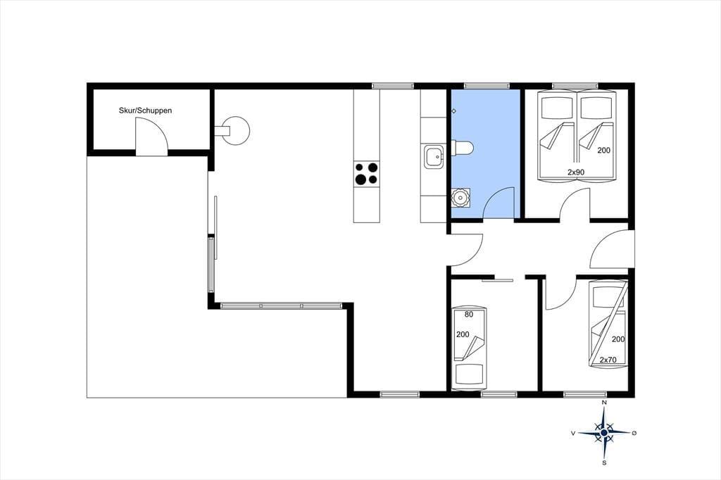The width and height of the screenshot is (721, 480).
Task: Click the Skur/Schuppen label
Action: tap(145, 110)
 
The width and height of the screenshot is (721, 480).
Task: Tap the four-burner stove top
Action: tap(366, 173)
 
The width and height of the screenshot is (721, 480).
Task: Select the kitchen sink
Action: tap(434, 156)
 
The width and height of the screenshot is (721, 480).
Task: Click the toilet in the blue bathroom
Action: tap(462, 148)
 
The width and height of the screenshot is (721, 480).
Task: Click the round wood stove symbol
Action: tap(237, 130)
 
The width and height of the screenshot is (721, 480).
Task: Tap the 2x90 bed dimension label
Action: tap(576, 172)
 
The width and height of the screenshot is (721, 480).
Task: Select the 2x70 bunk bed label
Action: tap(608, 360)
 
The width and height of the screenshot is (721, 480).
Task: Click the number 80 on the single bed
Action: tap(469, 315)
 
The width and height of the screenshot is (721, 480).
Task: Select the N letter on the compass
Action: tap(603, 403)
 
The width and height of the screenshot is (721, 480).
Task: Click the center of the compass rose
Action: tap(603, 433)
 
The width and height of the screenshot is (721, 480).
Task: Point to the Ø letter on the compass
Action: tap(634, 433)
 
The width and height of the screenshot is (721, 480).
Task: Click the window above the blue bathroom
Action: tap(487, 86)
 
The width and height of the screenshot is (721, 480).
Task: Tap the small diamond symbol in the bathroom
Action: tap(453, 110)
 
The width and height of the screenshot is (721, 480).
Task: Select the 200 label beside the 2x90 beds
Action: tap(603, 150)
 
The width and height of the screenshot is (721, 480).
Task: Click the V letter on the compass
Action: tap(573, 433)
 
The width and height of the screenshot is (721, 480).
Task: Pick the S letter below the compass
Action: tap(604, 462)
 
